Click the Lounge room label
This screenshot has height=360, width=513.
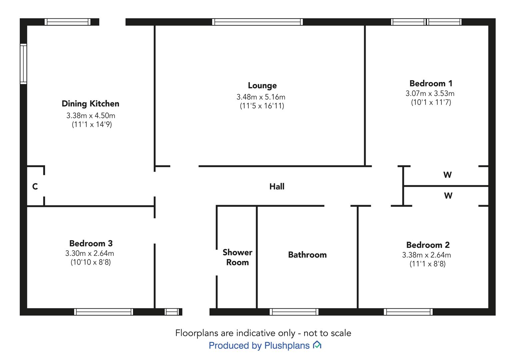pos(262,85)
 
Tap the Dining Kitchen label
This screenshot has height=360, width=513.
pos(90,104)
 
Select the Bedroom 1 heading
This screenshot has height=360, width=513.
pos(431,83)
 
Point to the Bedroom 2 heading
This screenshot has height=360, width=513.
pos(428,245)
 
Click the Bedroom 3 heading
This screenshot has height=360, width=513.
pos(91,243)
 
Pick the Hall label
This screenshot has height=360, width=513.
pos(277,186)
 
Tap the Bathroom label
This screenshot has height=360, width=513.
pos(307,255)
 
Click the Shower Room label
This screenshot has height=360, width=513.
pos(237,257)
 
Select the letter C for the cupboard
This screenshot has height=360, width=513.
pos(35,186)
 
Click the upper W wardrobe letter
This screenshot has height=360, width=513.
pos(448,175)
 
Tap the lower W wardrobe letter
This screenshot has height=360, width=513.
pos(448,196)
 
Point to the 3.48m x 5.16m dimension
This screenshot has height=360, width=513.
pos(261,97)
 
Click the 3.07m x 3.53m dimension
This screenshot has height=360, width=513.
pos(430,93)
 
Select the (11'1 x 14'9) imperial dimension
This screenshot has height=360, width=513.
pos(92,124)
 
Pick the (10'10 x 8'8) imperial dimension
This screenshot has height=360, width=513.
pos(91,262)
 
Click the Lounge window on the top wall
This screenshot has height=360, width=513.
pos(257,22)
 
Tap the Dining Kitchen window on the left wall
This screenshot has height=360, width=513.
pos(23,64)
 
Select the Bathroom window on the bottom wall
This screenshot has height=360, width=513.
pos(294,312)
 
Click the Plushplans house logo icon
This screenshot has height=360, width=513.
pos(317,345)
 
